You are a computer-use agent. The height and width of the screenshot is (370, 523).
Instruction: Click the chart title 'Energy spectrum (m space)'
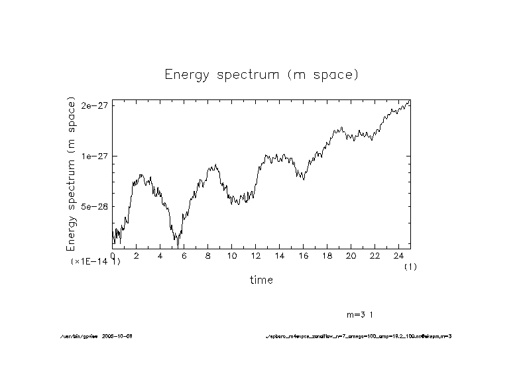261,74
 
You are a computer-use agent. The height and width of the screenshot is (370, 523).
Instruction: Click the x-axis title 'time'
261,280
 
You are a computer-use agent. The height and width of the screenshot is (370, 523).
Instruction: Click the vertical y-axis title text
71,174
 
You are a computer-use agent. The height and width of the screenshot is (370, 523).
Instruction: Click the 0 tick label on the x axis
113,255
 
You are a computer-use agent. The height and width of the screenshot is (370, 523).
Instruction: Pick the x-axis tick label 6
184,255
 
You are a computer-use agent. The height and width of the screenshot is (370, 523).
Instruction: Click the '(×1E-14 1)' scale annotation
96,262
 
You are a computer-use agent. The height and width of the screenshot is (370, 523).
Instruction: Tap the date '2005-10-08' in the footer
120,336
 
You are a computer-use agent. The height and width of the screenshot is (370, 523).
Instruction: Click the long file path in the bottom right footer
358,336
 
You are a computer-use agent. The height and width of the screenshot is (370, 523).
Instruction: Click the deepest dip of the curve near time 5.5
178,246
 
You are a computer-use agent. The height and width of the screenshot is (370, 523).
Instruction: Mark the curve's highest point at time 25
410,100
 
